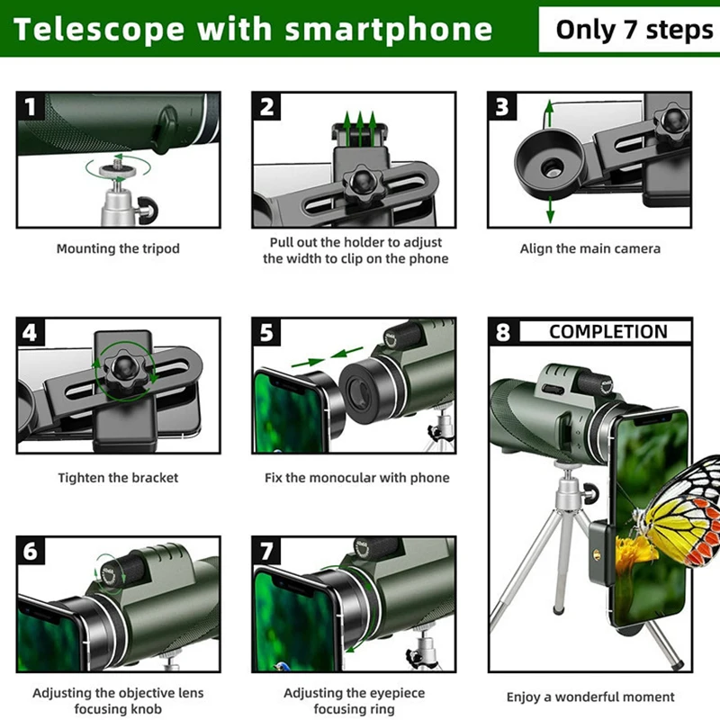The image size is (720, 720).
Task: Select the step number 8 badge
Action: coord(503,332)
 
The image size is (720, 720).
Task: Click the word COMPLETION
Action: coord(608,332)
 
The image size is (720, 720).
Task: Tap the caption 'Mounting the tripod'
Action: coord(118,249)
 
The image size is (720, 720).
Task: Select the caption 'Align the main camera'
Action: coord(589,249)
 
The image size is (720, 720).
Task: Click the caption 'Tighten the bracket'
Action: coord(118,478)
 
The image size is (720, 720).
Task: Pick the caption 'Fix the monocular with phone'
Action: coord(356,478)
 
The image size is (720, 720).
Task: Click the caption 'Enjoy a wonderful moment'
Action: coord(589,697)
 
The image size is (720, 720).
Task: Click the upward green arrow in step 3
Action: coord(549,112)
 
